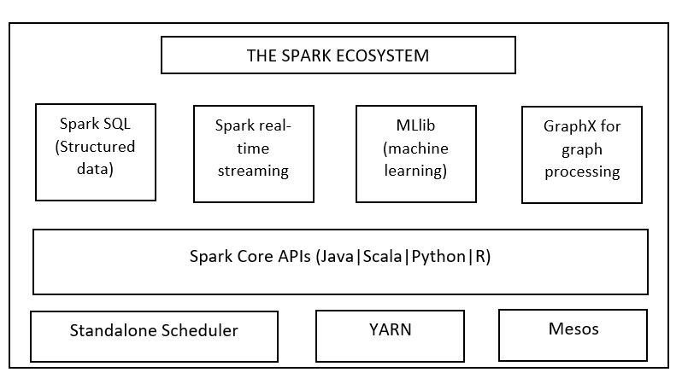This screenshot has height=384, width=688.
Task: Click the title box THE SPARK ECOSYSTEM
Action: [x=338, y=56]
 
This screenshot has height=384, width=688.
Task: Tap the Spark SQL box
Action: [x=96, y=152]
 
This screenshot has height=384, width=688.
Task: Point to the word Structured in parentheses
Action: [x=96, y=146]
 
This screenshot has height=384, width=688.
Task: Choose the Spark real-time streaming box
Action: [x=254, y=154]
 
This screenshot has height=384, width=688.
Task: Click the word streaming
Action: [x=254, y=170]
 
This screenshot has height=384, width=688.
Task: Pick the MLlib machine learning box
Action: [x=415, y=154]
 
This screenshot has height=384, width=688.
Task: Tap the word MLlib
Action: [x=415, y=126]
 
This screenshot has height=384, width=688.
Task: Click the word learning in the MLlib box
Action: [x=415, y=170]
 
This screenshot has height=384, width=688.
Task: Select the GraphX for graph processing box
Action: [x=582, y=154]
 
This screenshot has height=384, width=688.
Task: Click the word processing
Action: [x=582, y=171]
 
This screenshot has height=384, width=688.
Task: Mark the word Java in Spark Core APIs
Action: [x=336, y=256]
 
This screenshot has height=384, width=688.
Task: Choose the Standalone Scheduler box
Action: [x=154, y=335]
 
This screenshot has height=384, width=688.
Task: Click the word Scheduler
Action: [x=199, y=330]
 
